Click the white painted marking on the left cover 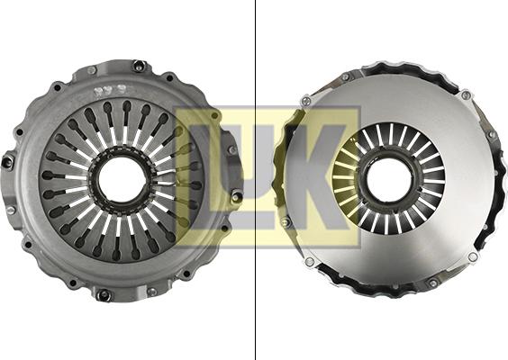[x=109, y=92]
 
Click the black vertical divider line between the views [x=256, y=180]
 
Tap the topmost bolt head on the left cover [x=140, y=67]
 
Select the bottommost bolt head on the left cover [x=104, y=294]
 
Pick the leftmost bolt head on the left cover [x=7, y=161]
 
